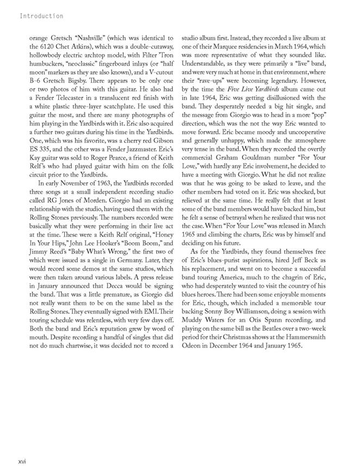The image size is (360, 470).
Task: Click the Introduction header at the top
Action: tap(41, 16)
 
